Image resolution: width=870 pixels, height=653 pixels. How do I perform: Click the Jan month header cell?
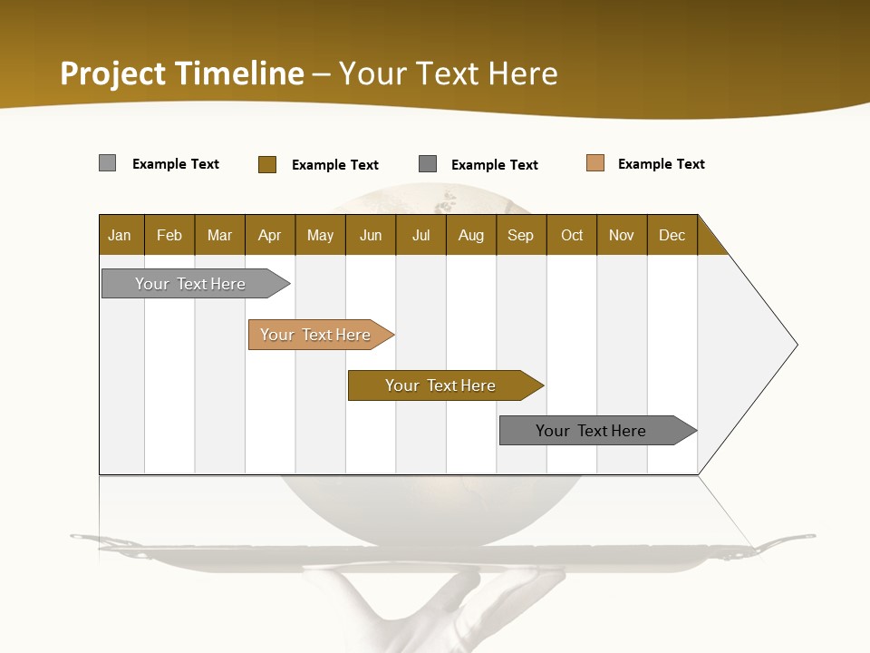[121, 235]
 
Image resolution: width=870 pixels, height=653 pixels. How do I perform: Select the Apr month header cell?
[270, 235]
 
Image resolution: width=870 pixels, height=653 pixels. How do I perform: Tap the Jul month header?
[420, 235]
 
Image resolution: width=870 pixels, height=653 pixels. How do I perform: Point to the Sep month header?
[521, 235]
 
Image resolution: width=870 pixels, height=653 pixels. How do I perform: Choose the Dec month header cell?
[672, 235]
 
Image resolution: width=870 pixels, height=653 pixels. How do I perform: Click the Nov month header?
[622, 235]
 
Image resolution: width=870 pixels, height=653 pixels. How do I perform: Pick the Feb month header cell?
[169, 235]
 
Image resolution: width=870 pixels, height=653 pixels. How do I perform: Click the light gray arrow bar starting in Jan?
[191, 284]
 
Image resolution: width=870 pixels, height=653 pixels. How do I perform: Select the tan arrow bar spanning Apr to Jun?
[316, 335]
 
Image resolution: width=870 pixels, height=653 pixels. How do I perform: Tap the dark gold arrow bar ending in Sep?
[441, 385]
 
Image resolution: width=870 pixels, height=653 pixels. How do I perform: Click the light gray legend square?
[107, 163]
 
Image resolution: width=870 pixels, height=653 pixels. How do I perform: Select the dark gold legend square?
[266, 164]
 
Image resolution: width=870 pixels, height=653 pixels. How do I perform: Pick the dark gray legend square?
[428, 164]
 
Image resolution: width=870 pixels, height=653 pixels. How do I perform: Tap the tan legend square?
[594, 163]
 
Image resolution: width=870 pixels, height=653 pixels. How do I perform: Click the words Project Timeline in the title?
[181, 73]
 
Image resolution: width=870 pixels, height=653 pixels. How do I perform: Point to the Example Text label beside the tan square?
[661, 164]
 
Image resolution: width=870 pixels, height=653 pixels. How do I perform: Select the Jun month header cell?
[371, 235]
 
